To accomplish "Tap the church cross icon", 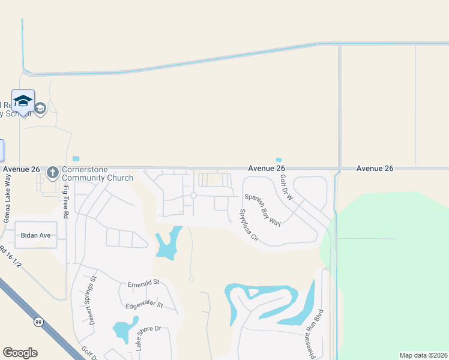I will tap(53, 172).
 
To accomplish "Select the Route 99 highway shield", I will tap(38, 322).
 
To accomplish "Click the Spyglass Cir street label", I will tap(248, 225).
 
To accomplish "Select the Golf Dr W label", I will tap(285, 188).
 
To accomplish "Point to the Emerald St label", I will tap(143, 282).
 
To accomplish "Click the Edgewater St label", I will tap(144, 305).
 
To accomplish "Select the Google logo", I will tap(20, 353).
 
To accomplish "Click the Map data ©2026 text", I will tap(423, 355).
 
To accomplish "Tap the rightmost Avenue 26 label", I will tap(375, 169).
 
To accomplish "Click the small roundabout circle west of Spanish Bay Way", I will tap(193, 196).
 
